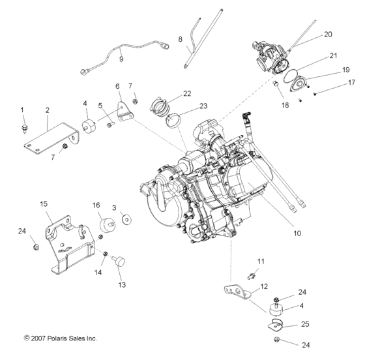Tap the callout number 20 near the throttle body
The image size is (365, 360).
(327, 34)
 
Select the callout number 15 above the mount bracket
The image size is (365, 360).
(44, 204)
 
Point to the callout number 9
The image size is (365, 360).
(121, 59)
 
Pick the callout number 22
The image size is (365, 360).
(186, 93)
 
